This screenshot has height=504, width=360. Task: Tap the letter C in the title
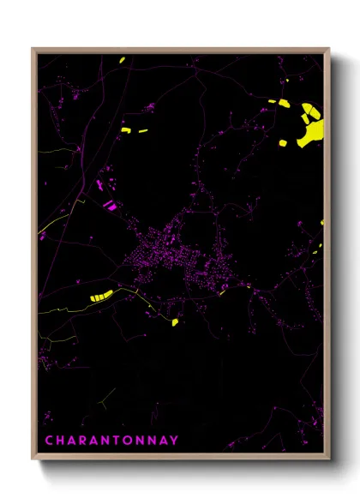click(48, 441)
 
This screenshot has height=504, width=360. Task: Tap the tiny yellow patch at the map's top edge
click(123, 60)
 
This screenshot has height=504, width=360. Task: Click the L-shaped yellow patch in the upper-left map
click(125, 129)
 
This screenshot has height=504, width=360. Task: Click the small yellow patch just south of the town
click(174, 322)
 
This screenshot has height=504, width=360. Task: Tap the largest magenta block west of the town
click(109, 206)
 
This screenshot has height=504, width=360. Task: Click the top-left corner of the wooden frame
click(33, 49)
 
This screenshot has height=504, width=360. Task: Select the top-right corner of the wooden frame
click(328, 49)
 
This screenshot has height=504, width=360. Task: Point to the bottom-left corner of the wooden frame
click(33, 459)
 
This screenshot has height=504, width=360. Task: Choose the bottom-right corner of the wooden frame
click(328, 459)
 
